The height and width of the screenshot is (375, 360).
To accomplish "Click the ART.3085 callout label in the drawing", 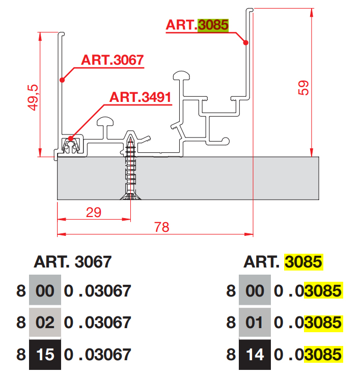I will pyautogui.click(x=197, y=25).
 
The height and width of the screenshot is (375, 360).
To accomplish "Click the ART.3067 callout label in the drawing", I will pyautogui.click(x=112, y=60).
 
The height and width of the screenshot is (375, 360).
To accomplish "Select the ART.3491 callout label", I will pyautogui.click(x=141, y=97).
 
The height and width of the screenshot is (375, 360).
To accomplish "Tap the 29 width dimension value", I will pyautogui.click(x=93, y=212).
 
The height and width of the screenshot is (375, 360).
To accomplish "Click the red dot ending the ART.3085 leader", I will pyautogui.click(x=245, y=43).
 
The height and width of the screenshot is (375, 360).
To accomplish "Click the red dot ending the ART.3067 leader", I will pyautogui.click(x=62, y=79).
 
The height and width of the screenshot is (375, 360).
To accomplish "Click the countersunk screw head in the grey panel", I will pyautogui.click(x=131, y=197).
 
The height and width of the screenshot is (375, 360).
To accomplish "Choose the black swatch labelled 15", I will pyautogui.click(x=45, y=354).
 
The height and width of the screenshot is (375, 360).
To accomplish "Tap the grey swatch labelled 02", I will pyautogui.click(x=45, y=323).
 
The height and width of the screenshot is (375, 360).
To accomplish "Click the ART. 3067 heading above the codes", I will pyautogui.click(x=72, y=262).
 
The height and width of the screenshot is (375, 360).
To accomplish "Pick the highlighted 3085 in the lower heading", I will pyautogui.click(x=303, y=262).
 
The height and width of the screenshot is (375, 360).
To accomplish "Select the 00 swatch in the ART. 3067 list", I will pyautogui.click(x=45, y=291).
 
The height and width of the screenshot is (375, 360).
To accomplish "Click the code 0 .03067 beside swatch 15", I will pyautogui.click(x=97, y=354).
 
